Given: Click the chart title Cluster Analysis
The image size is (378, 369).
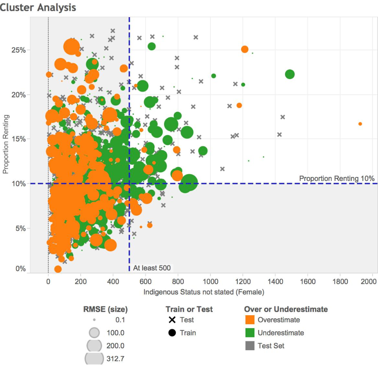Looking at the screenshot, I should click(x=38, y=7).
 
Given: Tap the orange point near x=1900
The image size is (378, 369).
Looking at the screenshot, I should click(x=360, y=124).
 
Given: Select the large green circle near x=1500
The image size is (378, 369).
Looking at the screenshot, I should click(x=290, y=74).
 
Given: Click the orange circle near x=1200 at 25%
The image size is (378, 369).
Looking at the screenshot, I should click(x=245, y=49).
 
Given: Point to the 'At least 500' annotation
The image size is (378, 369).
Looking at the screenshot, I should click(x=152, y=268).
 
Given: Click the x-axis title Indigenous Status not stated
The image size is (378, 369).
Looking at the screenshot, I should click(x=204, y=291).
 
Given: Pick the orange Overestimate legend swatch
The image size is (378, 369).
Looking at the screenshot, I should click(x=249, y=320).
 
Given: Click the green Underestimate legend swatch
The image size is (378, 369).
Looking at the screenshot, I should click(x=249, y=333).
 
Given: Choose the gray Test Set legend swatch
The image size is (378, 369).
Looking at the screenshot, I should click(x=249, y=346).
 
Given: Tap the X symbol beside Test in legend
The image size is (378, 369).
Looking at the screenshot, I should click(x=172, y=320).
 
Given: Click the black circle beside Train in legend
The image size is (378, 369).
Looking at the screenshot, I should click(x=172, y=333).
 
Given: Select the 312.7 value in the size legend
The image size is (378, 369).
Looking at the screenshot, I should click(x=116, y=358).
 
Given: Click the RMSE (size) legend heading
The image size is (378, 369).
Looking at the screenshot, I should click(x=105, y=309).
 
